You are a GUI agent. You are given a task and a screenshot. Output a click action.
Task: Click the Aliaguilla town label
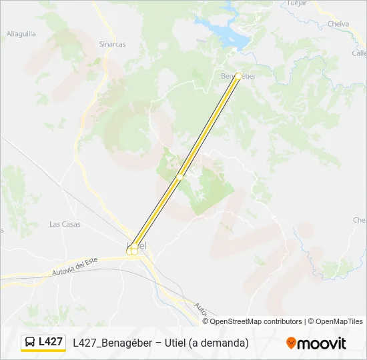click(x=21, y=33)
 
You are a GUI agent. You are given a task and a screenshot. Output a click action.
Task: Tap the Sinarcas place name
click(x=112, y=44)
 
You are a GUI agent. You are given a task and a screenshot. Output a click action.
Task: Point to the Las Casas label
click(x=65, y=224)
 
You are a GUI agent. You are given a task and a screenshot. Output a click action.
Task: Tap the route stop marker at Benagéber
click(x=238, y=77)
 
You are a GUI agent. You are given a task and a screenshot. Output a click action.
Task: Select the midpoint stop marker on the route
click(x=180, y=177)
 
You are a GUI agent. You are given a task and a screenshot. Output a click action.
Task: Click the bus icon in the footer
click(x=30, y=343)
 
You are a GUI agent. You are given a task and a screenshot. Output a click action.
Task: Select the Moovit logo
click(x=316, y=343)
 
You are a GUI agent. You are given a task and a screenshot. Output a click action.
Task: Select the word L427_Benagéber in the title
click(x=113, y=343)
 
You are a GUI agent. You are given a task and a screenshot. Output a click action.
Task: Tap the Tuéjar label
click(x=296, y=3)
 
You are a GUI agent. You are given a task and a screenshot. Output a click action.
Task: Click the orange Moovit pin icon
click(x=291, y=343)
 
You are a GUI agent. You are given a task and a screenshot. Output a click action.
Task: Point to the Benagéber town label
click(x=238, y=76)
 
